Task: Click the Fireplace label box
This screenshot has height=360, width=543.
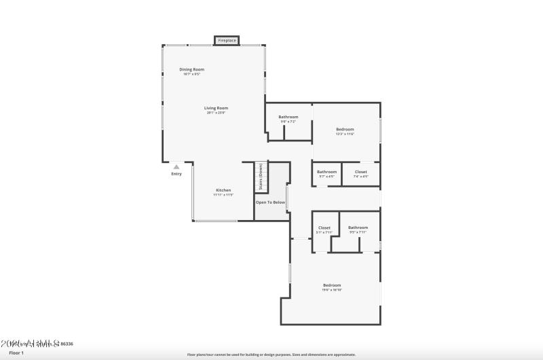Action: [x=227, y=41]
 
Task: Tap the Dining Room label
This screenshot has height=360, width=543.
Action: [x=191, y=69]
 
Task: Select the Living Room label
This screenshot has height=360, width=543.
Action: [x=216, y=108]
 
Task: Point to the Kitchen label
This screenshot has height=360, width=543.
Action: [x=223, y=190]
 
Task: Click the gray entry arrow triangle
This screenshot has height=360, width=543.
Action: [x=176, y=166]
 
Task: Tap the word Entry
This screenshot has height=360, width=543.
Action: [x=176, y=174]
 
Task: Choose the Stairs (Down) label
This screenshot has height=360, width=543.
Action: [x=261, y=177]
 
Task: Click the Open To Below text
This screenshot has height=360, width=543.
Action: [x=270, y=202]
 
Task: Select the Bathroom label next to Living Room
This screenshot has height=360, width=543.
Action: [x=288, y=117]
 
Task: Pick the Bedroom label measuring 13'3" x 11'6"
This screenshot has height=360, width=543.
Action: [x=345, y=129]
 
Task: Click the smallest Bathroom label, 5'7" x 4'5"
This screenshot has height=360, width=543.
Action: [x=326, y=172]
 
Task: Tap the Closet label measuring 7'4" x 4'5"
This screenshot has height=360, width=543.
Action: [x=360, y=172]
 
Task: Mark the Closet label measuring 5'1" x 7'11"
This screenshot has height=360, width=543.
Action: [x=324, y=228]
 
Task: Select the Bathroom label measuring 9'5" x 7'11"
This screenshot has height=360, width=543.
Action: [x=358, y=228]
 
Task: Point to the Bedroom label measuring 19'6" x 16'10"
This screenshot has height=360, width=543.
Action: [x=331, y=285]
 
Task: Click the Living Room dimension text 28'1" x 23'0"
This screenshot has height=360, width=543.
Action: [x=216, y=113]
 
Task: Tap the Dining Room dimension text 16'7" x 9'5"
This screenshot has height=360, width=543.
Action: [x=191, y=74]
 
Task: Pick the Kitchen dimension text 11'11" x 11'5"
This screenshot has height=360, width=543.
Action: [x=223, y=195]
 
